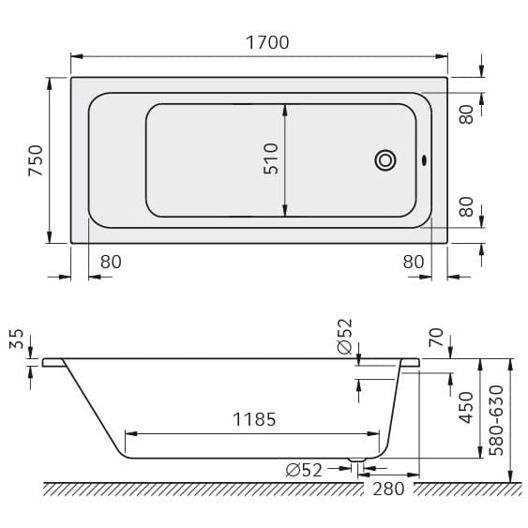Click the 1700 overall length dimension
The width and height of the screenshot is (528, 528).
266,42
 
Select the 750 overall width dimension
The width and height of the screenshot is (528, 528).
35,160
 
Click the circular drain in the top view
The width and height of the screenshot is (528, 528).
385,160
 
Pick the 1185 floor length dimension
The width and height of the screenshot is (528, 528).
254,419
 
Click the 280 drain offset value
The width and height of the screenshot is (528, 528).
387,489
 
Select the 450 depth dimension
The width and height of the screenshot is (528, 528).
466,406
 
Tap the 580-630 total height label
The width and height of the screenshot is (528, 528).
496,418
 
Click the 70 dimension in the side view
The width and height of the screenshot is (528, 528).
434,338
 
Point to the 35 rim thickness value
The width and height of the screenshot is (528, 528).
16,339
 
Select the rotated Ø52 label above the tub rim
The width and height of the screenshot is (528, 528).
344,336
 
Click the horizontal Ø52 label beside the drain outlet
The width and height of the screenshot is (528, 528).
304,470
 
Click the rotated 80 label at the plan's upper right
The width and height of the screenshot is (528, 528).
466,113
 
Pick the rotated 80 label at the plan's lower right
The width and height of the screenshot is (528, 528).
466,206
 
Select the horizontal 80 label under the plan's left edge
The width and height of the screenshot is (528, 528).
111,262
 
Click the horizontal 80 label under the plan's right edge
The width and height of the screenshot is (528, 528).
414,262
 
